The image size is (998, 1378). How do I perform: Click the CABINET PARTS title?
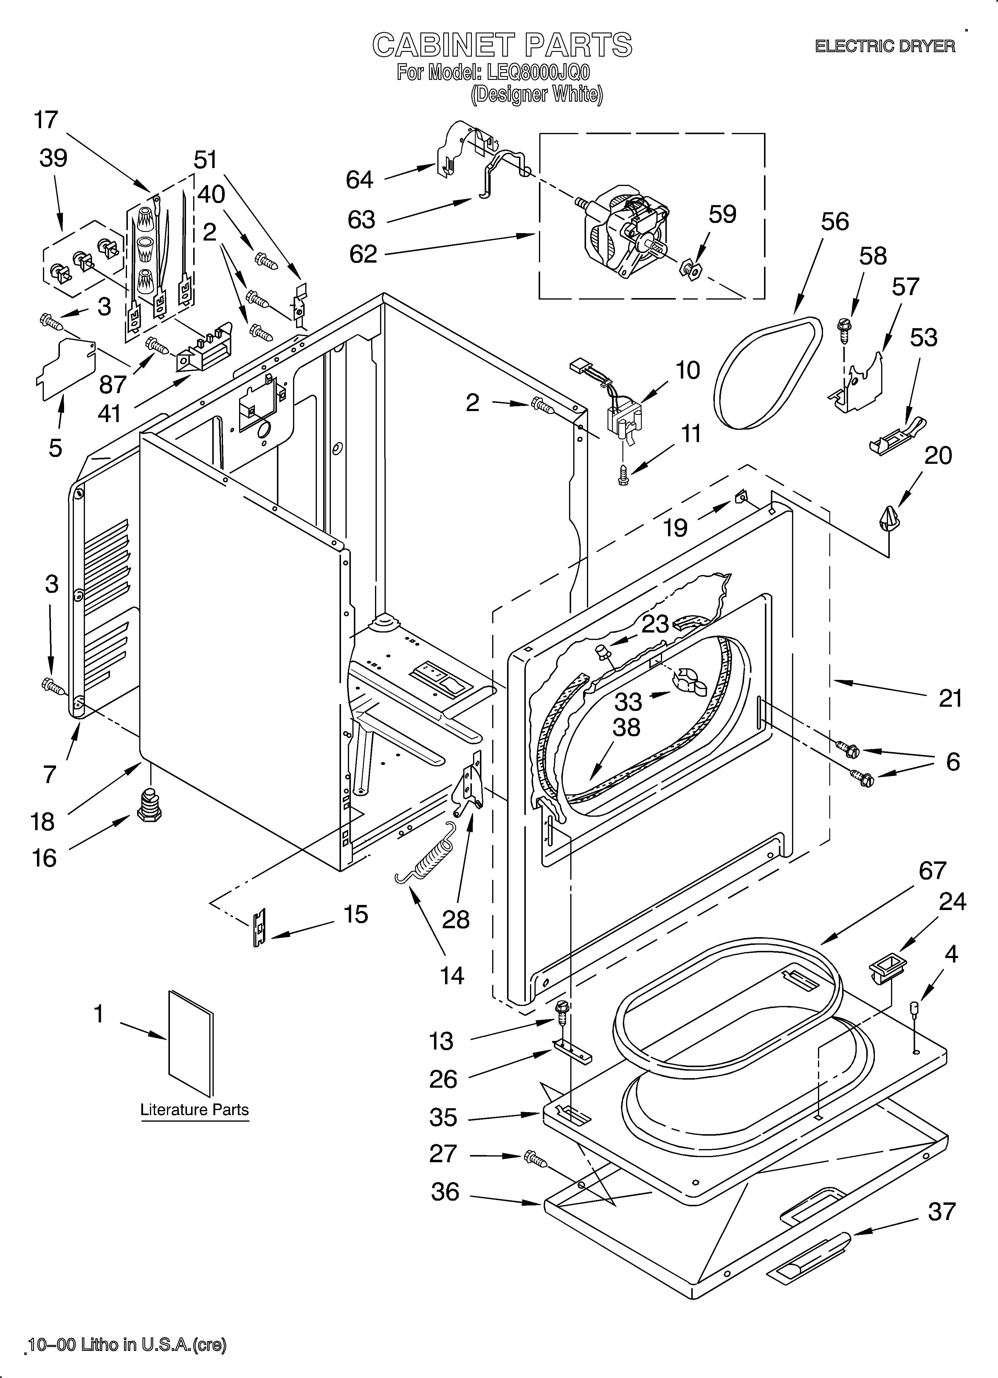click(502, 45)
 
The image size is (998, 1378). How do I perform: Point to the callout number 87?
click(112, 384)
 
